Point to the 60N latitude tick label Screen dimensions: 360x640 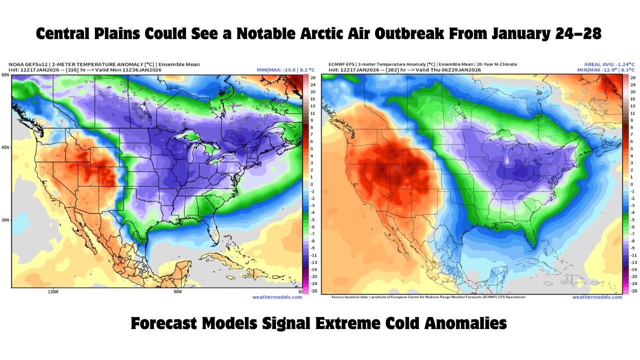[x=5, y=75]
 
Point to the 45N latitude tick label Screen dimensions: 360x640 [x=5, y=147]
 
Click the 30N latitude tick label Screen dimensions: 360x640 [x=5, y=220]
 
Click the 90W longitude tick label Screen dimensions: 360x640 [x=177, y=291]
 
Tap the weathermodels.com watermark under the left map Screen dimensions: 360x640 [x=284, y=297]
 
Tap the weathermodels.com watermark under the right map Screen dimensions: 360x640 [x=604, y=297]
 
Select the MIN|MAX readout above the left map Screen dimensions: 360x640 [x=285, y=70]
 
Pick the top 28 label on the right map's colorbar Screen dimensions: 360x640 [x=633, y=78]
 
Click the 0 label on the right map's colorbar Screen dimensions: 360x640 [x=633, y=184]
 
